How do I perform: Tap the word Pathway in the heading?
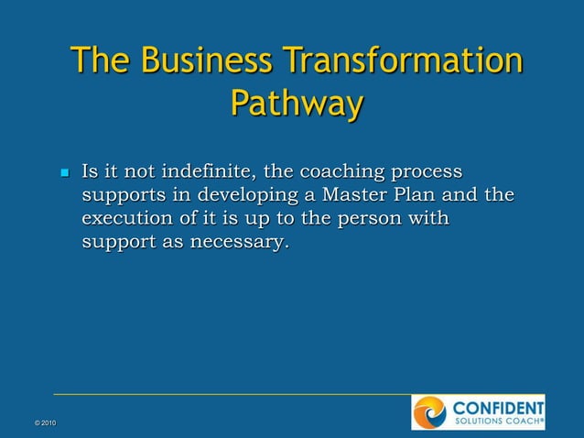(x=296, y=103)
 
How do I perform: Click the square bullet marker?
(x=64, y=173)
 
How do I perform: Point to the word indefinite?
(x=208, y=171)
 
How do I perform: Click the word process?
(x=427, y=173)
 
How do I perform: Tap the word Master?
(x=352, y=195)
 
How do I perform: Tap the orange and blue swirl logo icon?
(x=429, y=412)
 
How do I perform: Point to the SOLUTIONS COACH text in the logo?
(x=496, y=422)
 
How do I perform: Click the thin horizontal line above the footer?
(x=229, y=394)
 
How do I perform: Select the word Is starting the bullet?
(x=90, y=171)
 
